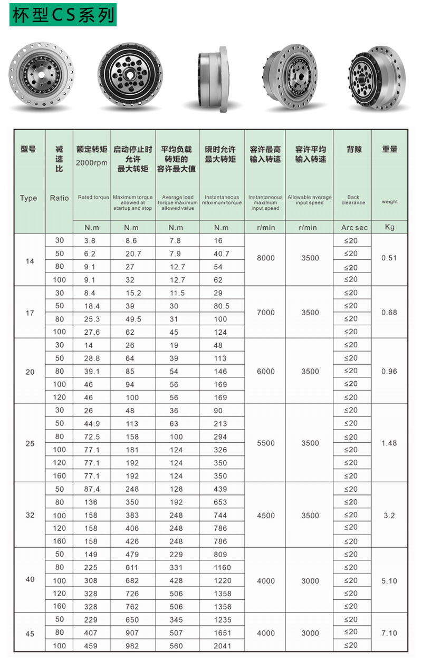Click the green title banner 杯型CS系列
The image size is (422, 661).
[63, 15]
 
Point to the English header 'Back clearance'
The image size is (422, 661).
[353, 200]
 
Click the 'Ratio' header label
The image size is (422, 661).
[59, 198]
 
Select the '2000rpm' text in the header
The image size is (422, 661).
[92, 163]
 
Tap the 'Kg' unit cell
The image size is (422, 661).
[389, 227]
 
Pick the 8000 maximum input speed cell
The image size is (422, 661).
[265, 258]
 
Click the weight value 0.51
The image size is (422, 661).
[389, 258]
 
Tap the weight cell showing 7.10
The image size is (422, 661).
[389, 633]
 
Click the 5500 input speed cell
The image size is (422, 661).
[265, 443]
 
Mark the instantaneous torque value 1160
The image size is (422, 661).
[222, 568]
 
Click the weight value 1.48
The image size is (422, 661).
[389, 443]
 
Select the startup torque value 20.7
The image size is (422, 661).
[132, 254]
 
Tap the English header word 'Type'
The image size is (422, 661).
[28, 198]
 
